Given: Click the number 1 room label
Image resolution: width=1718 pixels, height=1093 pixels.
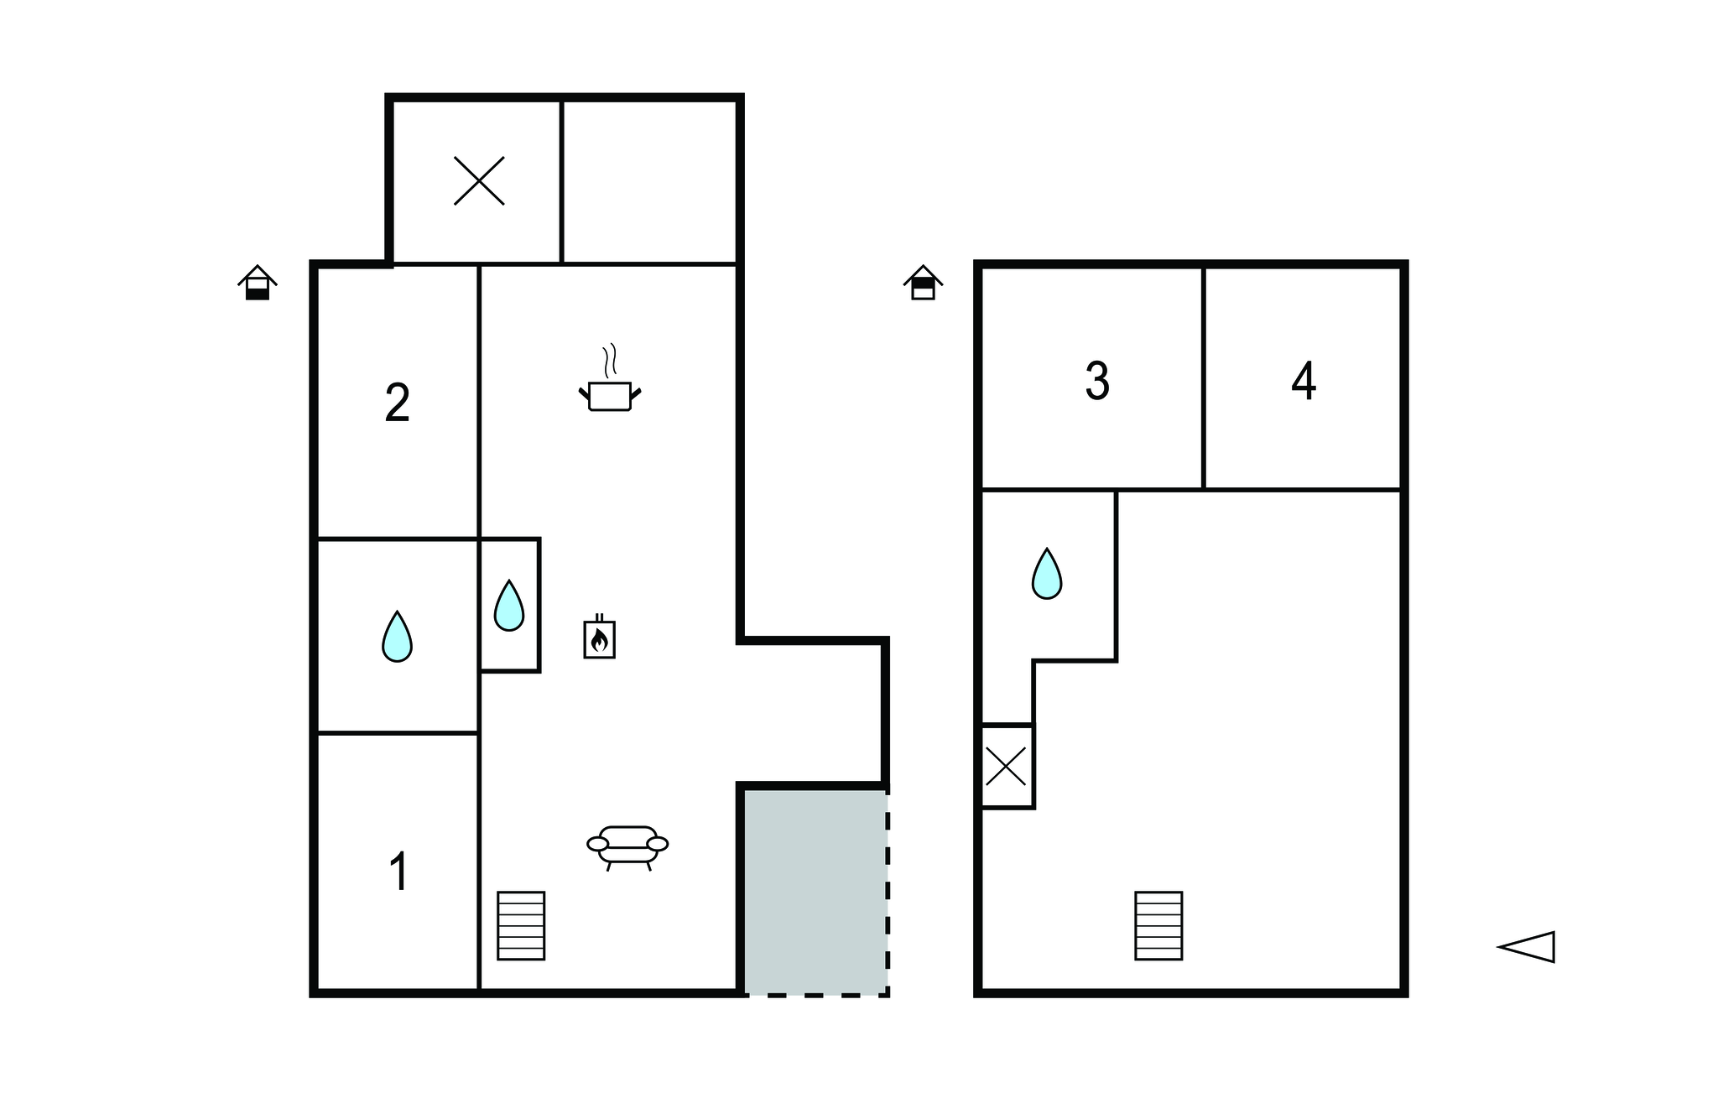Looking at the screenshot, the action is pos(399,872).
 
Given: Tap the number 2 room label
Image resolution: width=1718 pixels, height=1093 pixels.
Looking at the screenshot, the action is pos(397,403).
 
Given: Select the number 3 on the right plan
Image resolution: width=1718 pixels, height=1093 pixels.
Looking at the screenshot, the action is pos(1097,381).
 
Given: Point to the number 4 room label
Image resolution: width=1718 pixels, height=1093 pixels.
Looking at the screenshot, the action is pos(1304,381).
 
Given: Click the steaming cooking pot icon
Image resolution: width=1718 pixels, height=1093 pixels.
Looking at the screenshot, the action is pos(610,378).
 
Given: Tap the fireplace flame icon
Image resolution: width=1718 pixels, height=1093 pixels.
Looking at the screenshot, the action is pos(599,638).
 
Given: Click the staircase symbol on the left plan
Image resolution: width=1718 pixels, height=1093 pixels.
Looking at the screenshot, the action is pos(521,925).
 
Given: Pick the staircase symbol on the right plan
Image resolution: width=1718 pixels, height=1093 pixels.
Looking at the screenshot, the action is pos(1158,925).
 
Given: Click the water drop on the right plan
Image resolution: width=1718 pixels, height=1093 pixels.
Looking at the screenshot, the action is pos(1047,574).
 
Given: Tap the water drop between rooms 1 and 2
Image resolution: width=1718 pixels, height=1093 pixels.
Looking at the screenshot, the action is pos(397,637).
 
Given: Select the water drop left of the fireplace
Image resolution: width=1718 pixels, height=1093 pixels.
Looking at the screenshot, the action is pos(509,606).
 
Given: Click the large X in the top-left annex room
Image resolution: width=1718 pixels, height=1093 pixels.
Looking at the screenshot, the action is pos(479,180).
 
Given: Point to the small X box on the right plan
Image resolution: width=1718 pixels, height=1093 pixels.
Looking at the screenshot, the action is pos(1007,766).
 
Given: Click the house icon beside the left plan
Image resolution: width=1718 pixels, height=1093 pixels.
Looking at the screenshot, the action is pos(258,283).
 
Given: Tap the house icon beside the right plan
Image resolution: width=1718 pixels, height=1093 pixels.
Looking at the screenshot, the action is pos(923,283).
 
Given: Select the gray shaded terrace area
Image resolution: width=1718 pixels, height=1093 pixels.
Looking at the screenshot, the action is pos(815,892).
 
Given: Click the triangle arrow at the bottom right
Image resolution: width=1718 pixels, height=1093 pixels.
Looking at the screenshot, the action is pos(1527,947).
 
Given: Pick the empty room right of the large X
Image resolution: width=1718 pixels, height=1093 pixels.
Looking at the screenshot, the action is pos(650,181).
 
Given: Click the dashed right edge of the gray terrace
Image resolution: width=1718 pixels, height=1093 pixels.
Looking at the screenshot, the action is pos(887,892).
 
